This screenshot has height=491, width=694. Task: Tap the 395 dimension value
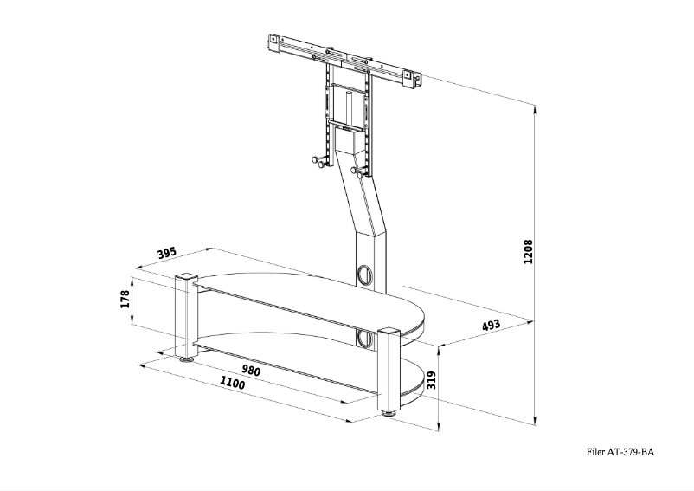tap(168, 253)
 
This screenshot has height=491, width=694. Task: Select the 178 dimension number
tap(125, 300)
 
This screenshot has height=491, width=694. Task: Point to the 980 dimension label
tap(251, 371)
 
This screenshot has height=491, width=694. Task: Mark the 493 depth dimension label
tap(492, 326)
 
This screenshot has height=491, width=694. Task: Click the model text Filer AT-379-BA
tap(620, 452)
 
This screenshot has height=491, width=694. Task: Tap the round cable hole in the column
tap(364, 275)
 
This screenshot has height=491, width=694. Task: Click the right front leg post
tap(388, 372)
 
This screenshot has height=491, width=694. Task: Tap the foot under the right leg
tap(389, 415)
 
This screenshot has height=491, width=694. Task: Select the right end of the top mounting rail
tap(417, 80)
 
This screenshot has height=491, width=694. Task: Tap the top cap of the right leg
tap(388, 332)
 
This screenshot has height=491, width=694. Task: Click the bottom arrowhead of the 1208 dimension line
tap(536, 420)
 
